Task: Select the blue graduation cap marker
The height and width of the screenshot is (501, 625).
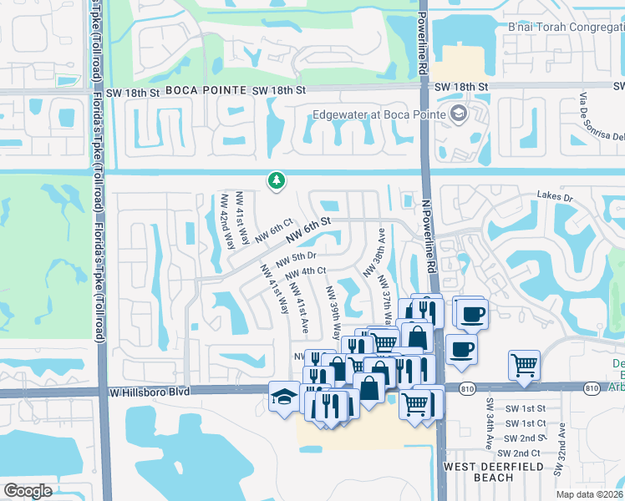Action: tap(284, 396)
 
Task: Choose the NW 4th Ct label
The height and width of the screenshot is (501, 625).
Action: tap(305, 273)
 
